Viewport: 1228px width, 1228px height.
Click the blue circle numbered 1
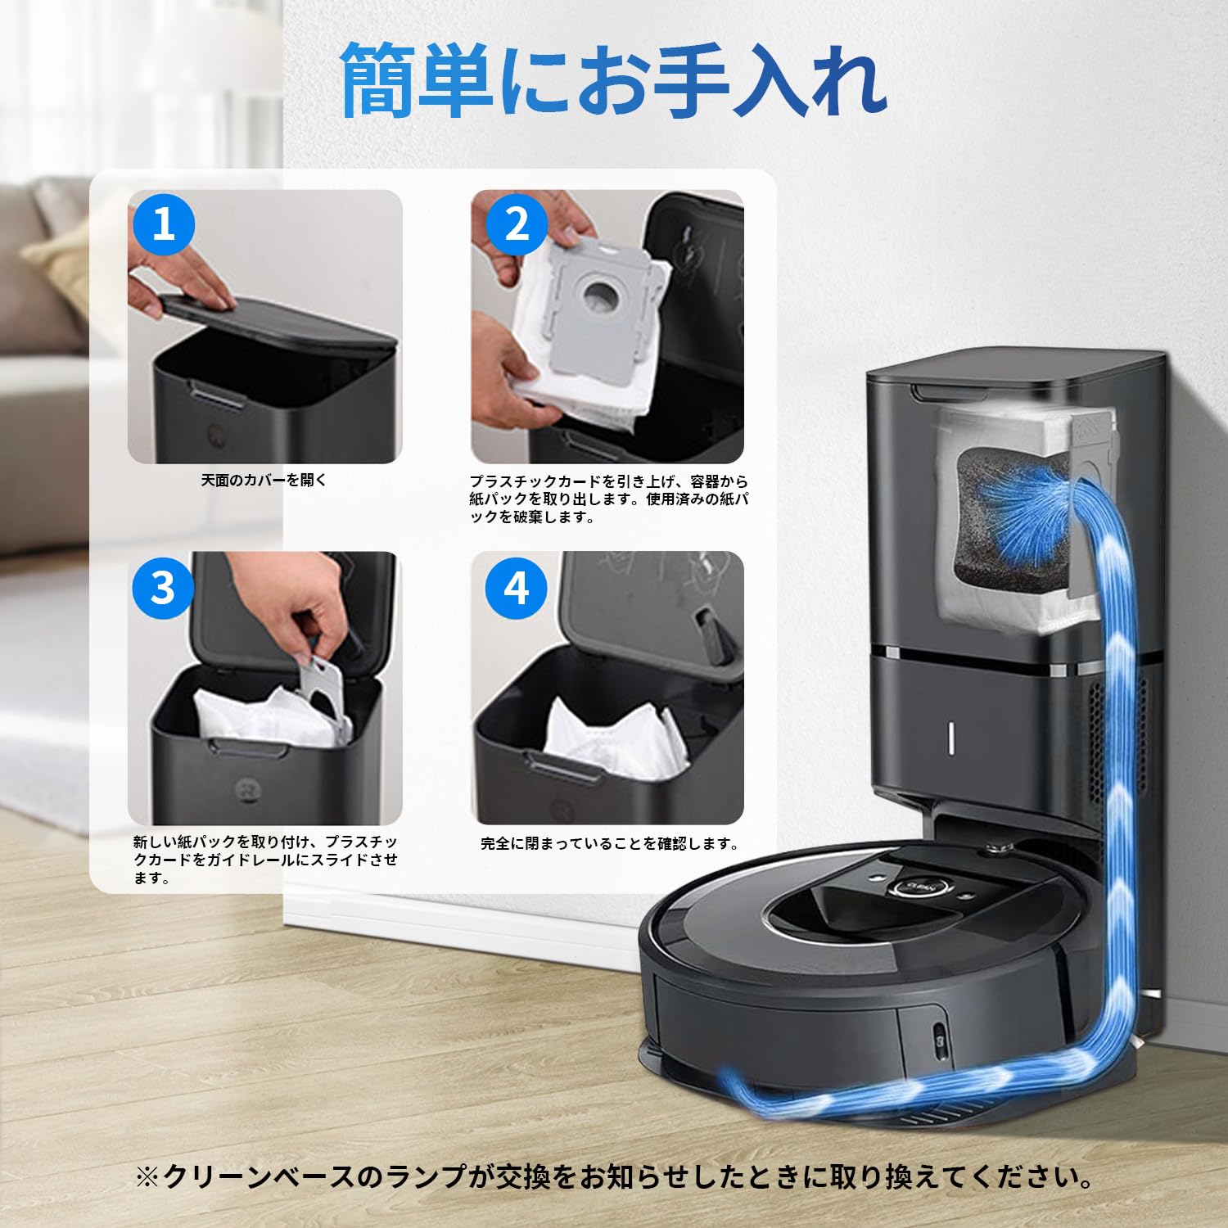point(164,223)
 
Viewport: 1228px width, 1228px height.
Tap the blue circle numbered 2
point(517,223)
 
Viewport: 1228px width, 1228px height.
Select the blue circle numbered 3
point(164,586)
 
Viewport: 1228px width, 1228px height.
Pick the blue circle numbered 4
point(517,586)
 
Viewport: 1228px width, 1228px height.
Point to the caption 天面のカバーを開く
point(264,480)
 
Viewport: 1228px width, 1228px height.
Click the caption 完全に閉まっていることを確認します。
point(610,843)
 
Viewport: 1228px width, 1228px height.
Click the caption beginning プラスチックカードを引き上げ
point(608,499)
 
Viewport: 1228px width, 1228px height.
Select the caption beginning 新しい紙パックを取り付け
point(265,860)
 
